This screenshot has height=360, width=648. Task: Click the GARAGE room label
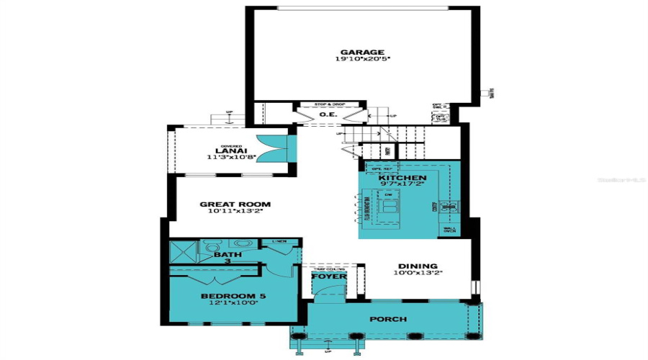[x=362, y=52]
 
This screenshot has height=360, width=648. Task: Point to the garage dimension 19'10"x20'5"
[x=362, y=60]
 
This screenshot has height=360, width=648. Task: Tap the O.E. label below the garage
[x=329, y=114]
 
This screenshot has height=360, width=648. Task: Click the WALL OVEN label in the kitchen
[x=450, y=231]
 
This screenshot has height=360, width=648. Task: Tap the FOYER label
[x=329, y=276]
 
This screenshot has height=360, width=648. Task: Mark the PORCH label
[x=388, y=319]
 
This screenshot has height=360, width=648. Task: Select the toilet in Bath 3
[x=211, y=248]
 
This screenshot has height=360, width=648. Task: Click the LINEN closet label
[x=276, y=241]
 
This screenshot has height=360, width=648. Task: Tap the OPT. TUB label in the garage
[x=442, y=117]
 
